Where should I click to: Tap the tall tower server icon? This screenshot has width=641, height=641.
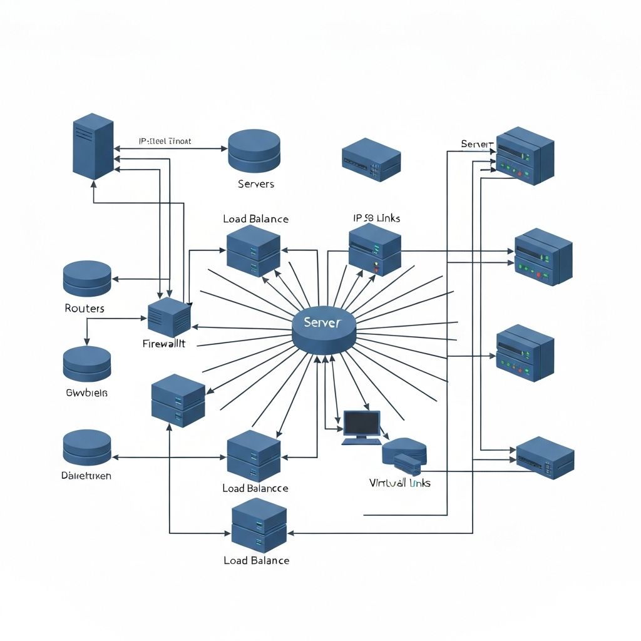[93, 145]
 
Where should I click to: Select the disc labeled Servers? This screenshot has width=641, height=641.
[254, 151]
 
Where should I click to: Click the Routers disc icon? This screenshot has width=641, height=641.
[87, 279]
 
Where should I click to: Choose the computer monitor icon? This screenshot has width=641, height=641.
[362, 426]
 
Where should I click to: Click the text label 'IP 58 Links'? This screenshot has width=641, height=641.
[376, 218]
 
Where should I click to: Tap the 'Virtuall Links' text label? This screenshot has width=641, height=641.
[399, 483]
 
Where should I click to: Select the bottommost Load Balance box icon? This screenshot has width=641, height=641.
[259, 525]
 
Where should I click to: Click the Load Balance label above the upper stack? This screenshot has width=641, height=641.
[255, 219]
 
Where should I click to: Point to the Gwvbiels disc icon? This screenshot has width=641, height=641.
[87, 364]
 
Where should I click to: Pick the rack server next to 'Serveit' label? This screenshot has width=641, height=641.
[525, 155]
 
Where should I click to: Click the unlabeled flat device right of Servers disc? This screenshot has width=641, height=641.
[371, 160]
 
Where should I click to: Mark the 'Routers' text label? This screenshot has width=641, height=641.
[85, 309]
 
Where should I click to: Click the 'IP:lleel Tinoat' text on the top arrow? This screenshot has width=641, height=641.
[164, 141]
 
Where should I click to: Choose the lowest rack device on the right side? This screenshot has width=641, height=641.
[545, 458]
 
